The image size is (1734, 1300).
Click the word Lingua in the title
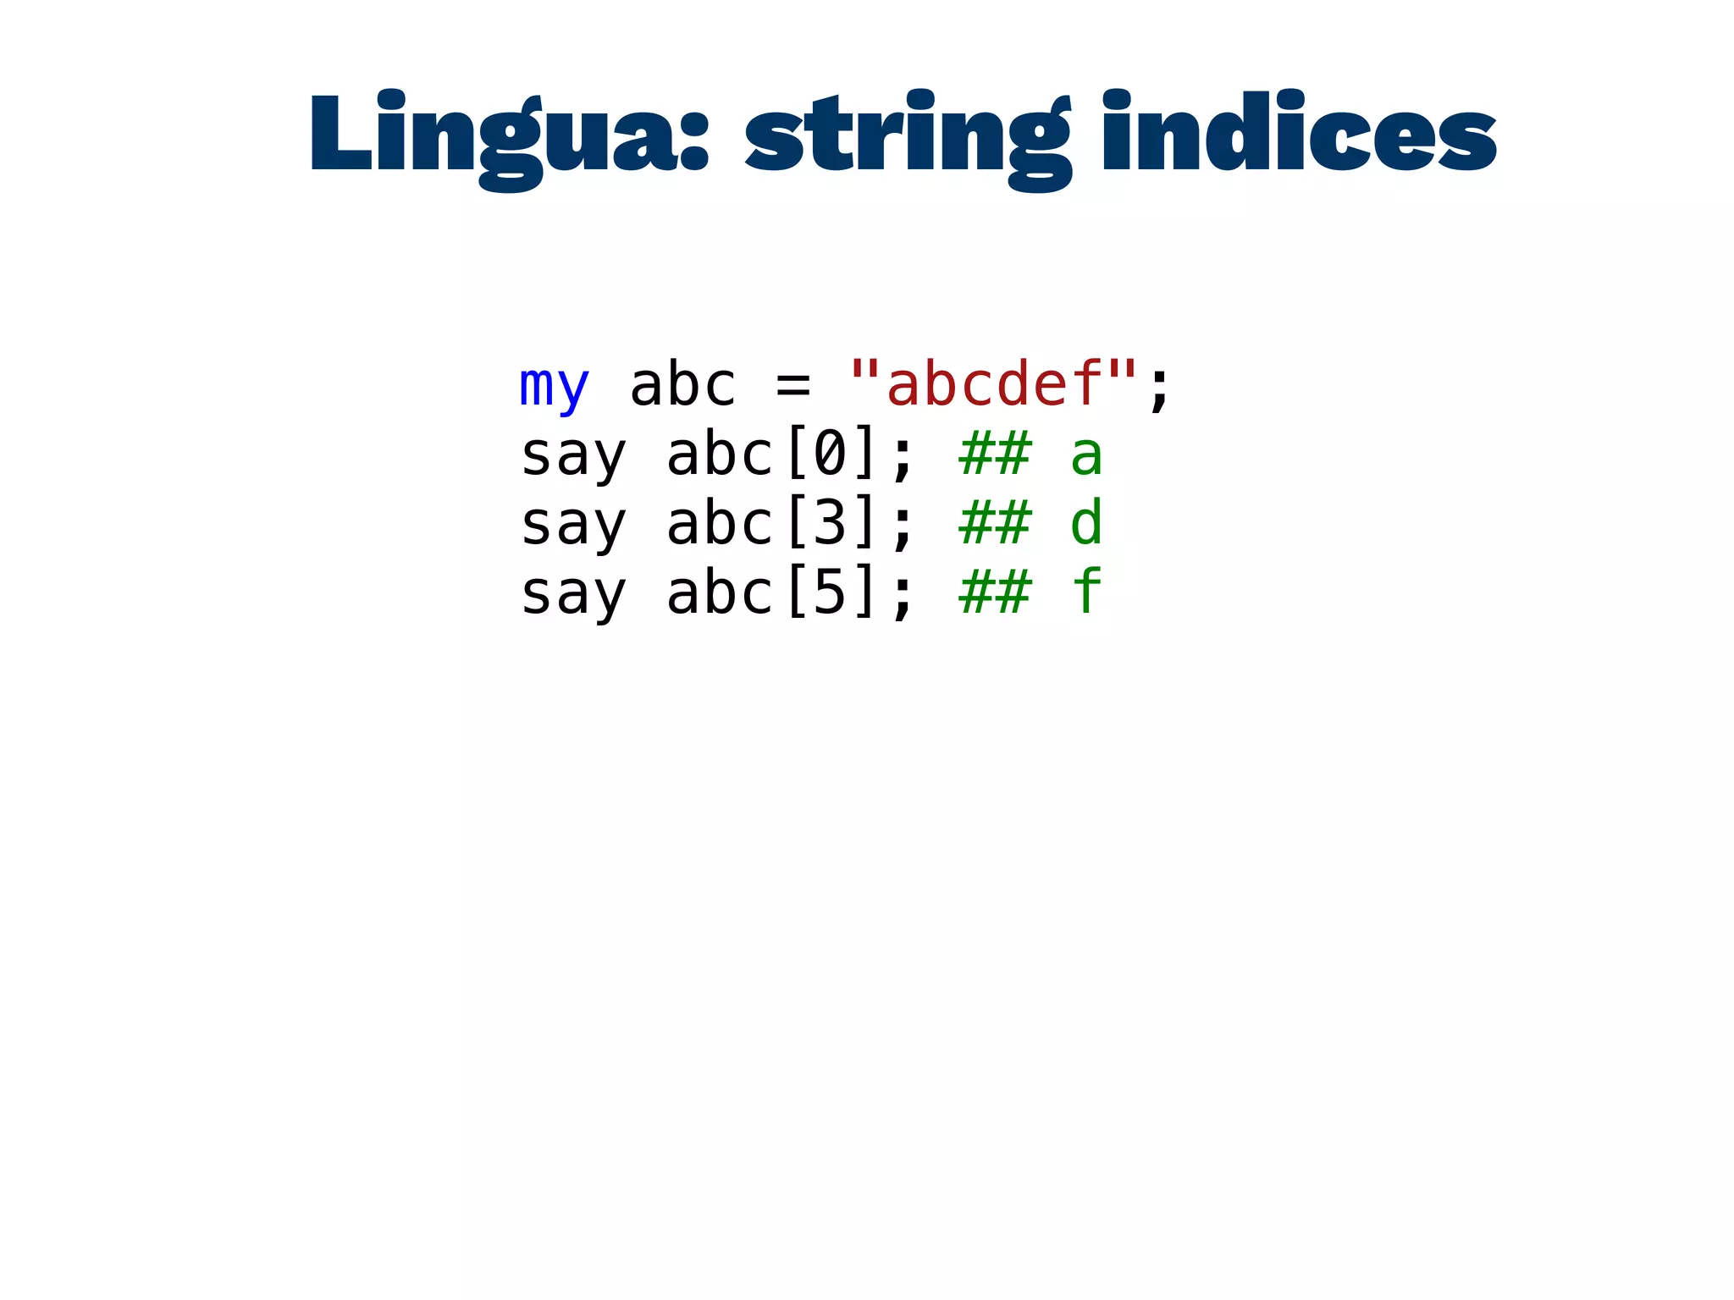click(496, 135)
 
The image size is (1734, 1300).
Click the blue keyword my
click(554, 386)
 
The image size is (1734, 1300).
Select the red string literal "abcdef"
click(994, 384)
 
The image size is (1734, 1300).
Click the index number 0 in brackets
click(830, 455)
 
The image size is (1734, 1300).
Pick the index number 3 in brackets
click(830, 525)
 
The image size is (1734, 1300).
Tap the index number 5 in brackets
click(830, 594)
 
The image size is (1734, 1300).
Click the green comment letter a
click(1086, 457)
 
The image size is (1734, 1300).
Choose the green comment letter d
click(1086, 523)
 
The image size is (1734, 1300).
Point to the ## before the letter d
click(995, 525)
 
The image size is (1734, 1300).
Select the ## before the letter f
click(995, 594)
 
